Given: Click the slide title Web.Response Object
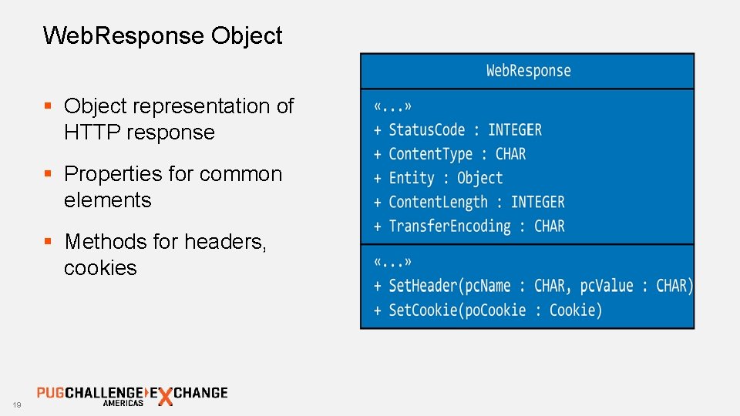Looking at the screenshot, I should pyautogui.click(x=163, y=35).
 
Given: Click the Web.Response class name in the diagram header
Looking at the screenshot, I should pyautogui.click(x=528, y=71).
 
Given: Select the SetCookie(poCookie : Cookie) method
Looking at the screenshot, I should pyautogui.click(x=487, y=310).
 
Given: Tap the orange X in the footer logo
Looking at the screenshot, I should pyautogui.click(x=164, y=396).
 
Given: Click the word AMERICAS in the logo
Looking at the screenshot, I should pyautogui.click(x=123, y=403).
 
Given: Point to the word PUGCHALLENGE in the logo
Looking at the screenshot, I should pyautogui.click(x=89, y=392).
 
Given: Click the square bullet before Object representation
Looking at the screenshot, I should pyautogui.click(x=49, y=106).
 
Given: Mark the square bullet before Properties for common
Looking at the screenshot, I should pyautogui.click(x=49, y=173).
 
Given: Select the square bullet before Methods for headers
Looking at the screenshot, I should pyautogui.click(x=49, y=241).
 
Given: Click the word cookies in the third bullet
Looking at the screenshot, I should pyautogui.click(x=100, y=268).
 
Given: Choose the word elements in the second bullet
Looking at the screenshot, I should pyautogui.click(x=107, y=200).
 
